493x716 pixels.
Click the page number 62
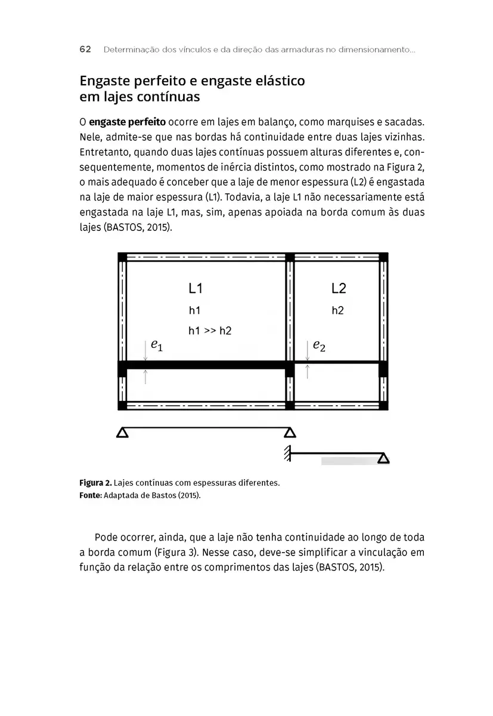tap(85, 50)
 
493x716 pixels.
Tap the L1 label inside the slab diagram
tap(196, 289)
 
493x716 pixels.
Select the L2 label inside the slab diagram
tap(339, 289)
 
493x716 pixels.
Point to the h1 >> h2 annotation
tap(210, 331)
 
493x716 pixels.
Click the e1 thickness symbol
tap(156, 344)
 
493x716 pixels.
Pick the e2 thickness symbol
tap(319, 345)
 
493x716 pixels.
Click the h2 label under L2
tap(337, 311)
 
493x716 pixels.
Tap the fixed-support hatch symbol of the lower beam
tap(287, 453)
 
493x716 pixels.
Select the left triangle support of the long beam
tap(122, 433)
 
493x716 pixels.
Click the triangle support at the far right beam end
tap(383, 458)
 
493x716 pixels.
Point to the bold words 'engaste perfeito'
tap(123, 122)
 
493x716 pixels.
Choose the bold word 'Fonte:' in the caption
tap(91, 495)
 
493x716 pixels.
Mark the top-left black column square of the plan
tap(122, 257)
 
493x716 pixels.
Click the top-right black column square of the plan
tap(383, 257)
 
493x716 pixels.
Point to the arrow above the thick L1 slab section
tap(145, 350)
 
